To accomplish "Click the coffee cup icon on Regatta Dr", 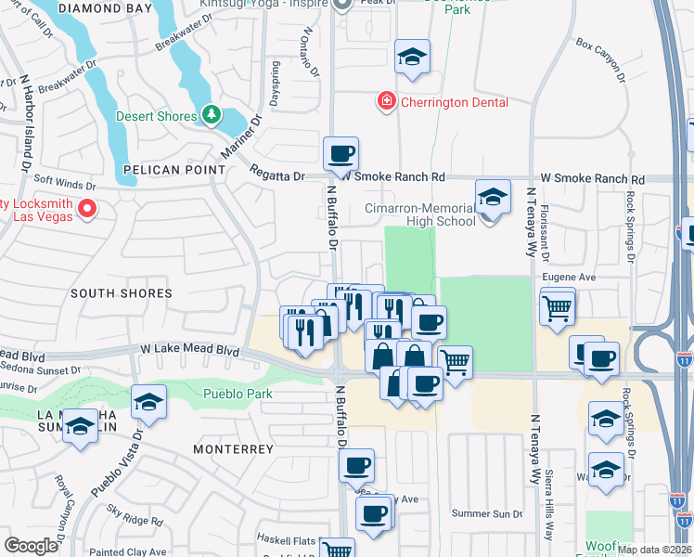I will click(341, 152).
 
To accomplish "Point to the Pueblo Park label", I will click(238, 394).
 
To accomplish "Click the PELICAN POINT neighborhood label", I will click(173, 170).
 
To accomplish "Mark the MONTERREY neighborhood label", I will click(233, 449).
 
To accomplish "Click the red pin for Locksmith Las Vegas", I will click(86, 208).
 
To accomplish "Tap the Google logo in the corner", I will click(31, 546).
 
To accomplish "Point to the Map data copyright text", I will click(654, 550).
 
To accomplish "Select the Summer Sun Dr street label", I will click(487, 513).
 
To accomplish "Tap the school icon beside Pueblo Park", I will click(148, 401).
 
